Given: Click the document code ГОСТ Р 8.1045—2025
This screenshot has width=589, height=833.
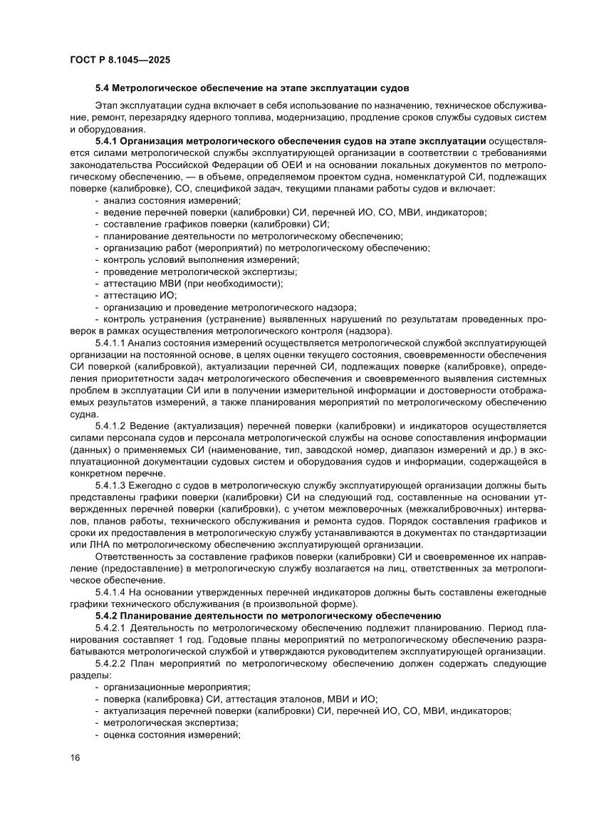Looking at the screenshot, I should coord(119,60).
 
